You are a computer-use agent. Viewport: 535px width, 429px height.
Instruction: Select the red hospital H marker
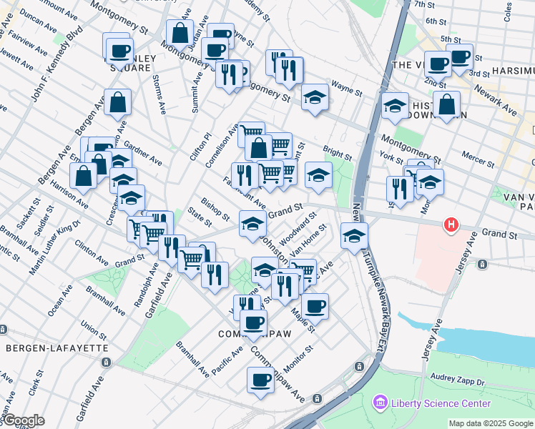[451, 225]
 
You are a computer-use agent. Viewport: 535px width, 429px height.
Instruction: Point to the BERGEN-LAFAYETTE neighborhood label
[57, 347]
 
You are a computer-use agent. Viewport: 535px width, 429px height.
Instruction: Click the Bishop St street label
[215, 209]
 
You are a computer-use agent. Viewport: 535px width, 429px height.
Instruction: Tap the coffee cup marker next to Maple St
[315, 307]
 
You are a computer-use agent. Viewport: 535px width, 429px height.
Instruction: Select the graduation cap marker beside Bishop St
[252, 224]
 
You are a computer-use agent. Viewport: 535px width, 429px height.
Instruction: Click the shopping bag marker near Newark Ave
[447, 106]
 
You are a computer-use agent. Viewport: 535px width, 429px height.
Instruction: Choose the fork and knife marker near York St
[398, 189]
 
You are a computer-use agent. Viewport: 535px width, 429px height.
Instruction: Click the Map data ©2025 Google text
[491, 423]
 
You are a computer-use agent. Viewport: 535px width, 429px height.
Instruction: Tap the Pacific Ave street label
[227, 355]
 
